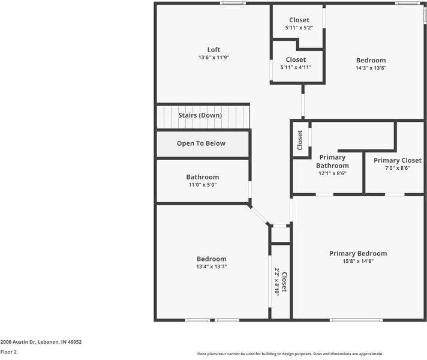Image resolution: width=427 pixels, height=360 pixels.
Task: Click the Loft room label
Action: [213, 50]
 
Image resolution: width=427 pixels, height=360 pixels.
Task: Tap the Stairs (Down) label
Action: [200, 115]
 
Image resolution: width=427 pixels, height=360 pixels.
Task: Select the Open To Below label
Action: [202, 143]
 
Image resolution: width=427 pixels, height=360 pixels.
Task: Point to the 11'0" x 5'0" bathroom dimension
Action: [203, 185]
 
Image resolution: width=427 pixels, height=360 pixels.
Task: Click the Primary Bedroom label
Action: [358, 253]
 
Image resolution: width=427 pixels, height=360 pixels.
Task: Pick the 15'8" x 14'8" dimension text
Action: [358, 261]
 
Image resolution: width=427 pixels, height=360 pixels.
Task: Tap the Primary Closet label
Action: [398, 160]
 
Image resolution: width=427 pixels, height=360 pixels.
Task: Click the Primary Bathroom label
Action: [332, 161]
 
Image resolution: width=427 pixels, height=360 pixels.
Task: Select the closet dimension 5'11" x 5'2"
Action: [299, 28]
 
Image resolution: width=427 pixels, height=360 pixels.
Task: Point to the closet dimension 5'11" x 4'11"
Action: [296, 67]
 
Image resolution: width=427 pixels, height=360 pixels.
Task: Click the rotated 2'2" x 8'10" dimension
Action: [276, 281]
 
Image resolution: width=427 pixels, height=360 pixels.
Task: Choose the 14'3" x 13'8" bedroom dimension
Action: [371, 68]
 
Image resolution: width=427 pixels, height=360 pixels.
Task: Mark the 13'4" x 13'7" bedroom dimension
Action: [212, 266]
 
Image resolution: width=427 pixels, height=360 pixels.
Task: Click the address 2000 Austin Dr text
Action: [18, 342]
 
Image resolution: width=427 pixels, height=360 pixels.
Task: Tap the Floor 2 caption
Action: [8, 352]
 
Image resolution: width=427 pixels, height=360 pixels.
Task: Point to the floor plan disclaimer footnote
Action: [290, 354]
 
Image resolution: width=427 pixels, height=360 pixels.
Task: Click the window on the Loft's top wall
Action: [233, 3]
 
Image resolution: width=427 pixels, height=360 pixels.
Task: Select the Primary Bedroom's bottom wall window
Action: [356, 320]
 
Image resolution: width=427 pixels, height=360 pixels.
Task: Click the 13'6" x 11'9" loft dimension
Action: [213, 58]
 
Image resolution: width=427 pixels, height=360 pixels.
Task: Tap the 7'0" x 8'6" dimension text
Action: [398, 168]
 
